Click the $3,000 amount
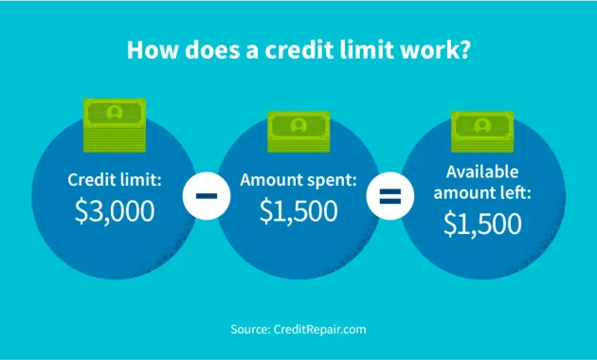coord(114,210)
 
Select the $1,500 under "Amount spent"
coord(298,210)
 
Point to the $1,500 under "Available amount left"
coord(482,224)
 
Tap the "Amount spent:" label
coord(298,180)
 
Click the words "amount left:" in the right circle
coord(482,193)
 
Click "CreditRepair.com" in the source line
coord(319,329)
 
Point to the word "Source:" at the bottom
coord(250,329)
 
